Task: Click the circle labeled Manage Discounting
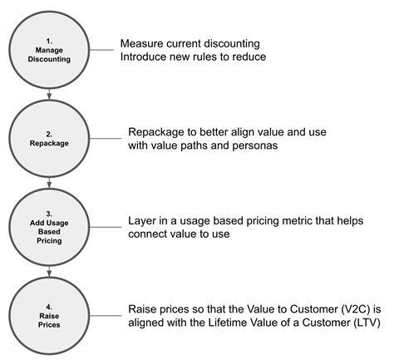pyautogui.click(x=49, y=50)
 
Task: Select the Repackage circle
pyautogui.click(x=49, y=138)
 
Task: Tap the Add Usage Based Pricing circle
pyautogui.click(x=49, y=226)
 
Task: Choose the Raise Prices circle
pyautogui.click(x=49, y=315)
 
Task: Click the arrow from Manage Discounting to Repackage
pyautogui.click(x=49, y=94)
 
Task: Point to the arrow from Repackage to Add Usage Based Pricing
pyautogui.click(x=49, y=182)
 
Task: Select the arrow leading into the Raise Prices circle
pyautogui.click(x=49, y=271)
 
